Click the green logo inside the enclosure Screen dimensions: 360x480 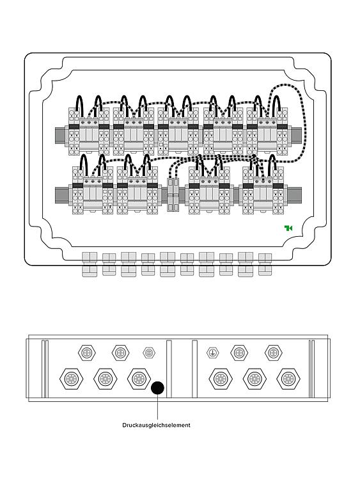(288, 228)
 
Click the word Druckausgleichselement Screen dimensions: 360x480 (156, 425)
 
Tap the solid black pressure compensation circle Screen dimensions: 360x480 (157, 388)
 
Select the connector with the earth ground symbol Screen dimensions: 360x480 (212, 353)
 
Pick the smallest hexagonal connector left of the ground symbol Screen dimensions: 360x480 (149, 353)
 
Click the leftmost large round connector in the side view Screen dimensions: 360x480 (72, 379)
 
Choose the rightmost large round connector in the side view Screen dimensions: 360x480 (288, 379)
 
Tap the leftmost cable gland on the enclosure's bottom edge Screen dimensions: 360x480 (90, 264)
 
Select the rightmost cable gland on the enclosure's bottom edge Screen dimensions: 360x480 (265, 264)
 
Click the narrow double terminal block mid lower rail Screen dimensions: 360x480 (173, 195)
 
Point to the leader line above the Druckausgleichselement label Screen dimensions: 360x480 (157, 407)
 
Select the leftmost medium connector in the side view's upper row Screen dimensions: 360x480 (87, 353)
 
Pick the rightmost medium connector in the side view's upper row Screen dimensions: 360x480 (274, 353)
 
